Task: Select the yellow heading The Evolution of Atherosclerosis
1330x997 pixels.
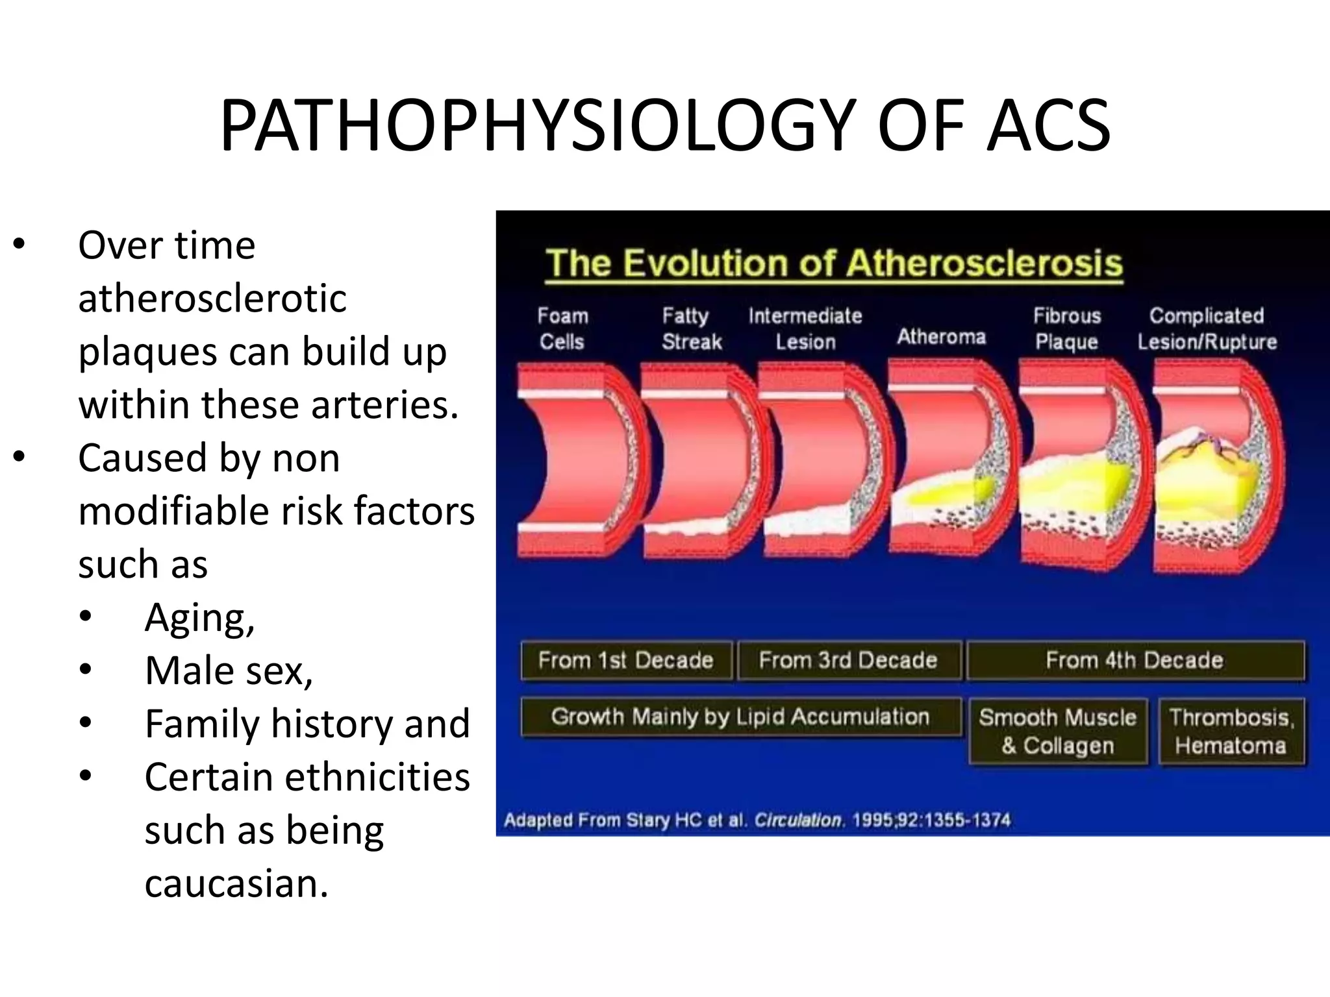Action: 834,264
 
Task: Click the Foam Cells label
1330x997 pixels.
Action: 562,328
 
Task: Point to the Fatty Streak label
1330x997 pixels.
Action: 691,328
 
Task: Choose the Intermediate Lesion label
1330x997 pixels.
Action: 805,328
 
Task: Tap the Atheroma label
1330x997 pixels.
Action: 941,336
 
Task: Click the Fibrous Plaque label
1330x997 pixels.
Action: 1067,328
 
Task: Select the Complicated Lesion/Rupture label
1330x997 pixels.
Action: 1207,328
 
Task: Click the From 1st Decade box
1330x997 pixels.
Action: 626,660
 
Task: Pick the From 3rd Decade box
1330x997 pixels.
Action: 848,660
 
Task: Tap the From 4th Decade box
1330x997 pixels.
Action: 1135,660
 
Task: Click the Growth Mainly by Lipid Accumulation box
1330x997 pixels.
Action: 740,717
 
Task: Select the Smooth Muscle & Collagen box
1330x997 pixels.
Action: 1058,732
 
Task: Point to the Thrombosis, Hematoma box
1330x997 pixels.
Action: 1231,732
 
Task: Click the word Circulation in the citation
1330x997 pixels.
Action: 798,820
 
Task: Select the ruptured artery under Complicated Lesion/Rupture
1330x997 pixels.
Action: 1218,467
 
